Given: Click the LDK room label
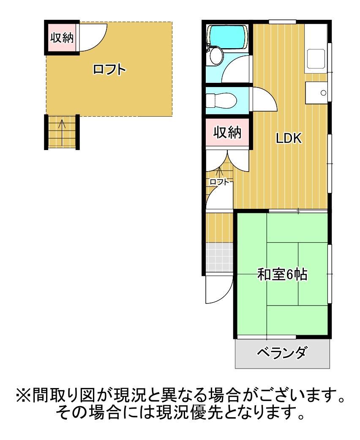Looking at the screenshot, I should (x=289, y=138).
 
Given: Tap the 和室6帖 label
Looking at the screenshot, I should (x=282, y=275).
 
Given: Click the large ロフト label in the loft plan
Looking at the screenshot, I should (x=109, y=69).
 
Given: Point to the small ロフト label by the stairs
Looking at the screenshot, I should (x=219, y=182).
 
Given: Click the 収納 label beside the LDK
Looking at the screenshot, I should (x=227, y=133).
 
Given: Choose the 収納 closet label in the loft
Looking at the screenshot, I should (x=62, y=38).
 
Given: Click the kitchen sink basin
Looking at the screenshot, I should (x=316, y=59).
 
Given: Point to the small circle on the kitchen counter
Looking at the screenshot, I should (x=324, y=93).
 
